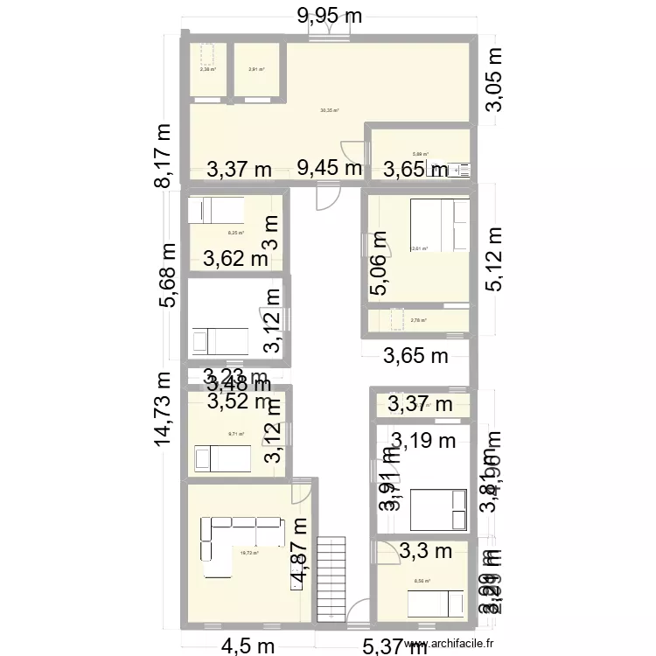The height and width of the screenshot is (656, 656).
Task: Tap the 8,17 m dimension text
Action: pos(164,154)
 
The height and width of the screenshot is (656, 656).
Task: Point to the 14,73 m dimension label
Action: pos(164,408)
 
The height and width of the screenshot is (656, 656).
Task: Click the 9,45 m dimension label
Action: pos(329,169)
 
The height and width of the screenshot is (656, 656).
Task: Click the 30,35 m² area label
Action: pos(329,110)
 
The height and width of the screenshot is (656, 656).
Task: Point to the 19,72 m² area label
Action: pos(249,553)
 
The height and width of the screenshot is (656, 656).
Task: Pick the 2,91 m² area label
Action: pos(255,70)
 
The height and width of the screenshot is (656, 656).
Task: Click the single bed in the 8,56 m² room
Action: pos(436,604)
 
